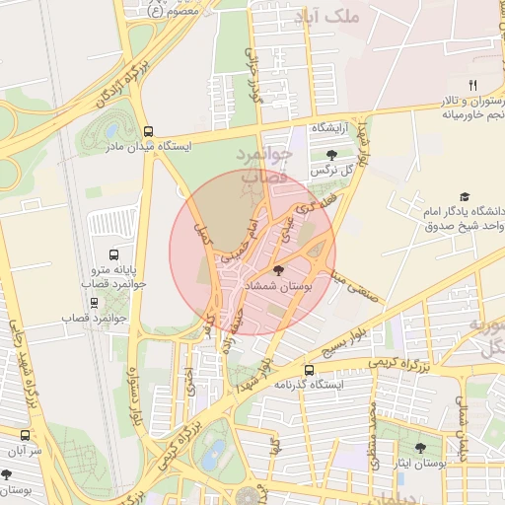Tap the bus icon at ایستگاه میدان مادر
[148, 131]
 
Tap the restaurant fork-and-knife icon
[472, 85]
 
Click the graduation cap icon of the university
[465, 197]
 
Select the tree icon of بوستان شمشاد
[279, 270]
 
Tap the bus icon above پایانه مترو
[111, 253]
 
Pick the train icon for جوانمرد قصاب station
[94, 303]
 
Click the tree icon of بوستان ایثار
[420, 448]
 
